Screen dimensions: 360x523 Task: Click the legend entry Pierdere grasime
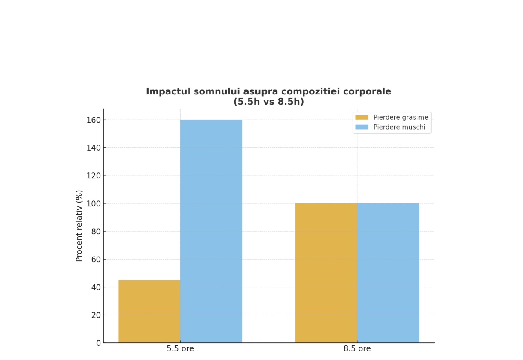click(x=400, y=118)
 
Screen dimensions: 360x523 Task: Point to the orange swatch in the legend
click(x=362, y=118)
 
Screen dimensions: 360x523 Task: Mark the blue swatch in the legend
click(x=362, y=127)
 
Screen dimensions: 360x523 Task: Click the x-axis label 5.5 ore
click(x=180, y=348)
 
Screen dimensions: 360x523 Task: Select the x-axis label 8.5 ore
click(x=357, y=348)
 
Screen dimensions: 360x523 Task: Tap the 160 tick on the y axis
click(x=94, y=120)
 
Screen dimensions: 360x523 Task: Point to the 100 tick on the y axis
click(x=94, y=203)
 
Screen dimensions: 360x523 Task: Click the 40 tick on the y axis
click(x=96, y=287)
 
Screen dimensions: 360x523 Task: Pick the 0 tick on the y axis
click(x=98, y=343)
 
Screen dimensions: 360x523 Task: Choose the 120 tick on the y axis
click(x=94, y=175)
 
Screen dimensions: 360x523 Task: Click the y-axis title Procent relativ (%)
click(x=79, y=226)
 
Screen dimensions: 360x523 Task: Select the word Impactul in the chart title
click(x=165, y=91)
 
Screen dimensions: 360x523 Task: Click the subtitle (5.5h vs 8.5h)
click(x=268, y=102)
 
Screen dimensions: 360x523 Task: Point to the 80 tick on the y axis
click(x=96, y=231)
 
